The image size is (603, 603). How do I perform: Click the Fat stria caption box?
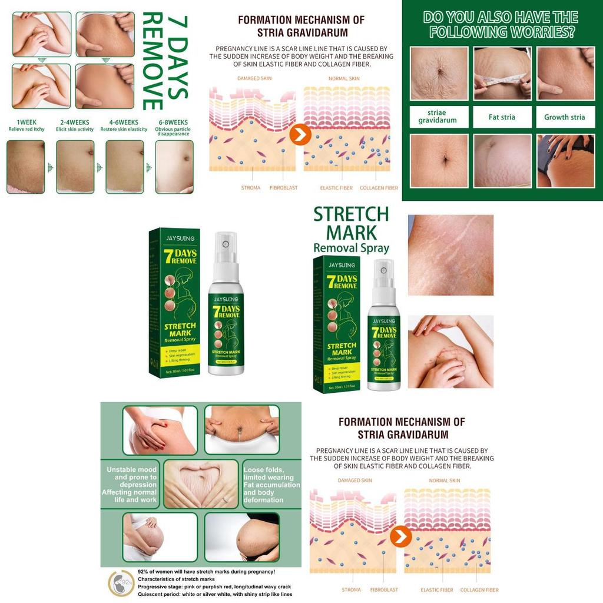pos(502,117)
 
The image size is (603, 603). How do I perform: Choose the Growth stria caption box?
pos(564,117)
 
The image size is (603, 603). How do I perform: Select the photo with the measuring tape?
pos(502,74)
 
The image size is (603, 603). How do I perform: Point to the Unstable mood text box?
pos(132,485)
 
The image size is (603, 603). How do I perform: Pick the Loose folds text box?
pos(271,485)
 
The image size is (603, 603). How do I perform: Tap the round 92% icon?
pos(120,584)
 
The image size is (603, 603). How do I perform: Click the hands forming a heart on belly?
pos(201,484)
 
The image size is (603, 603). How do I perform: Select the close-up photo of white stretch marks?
pos(450,255)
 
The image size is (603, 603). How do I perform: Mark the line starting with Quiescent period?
pos(214,594)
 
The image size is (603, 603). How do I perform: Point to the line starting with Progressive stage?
pos(216,587)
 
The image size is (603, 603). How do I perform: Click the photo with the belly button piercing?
pos(241,429)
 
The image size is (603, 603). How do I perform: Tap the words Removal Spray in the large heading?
pos(351,248)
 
